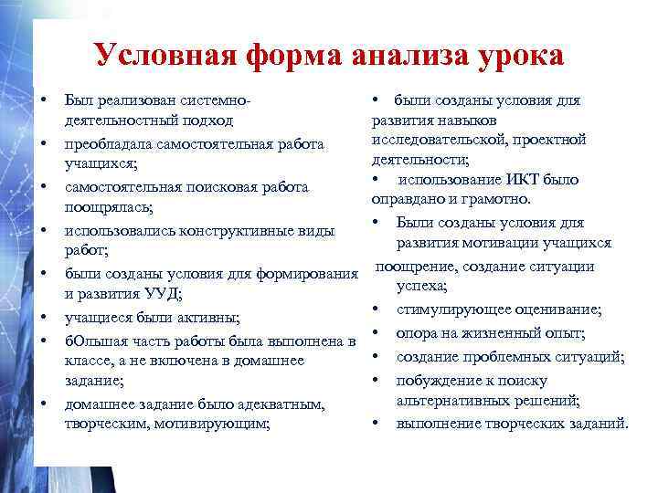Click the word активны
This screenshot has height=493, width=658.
[210, 318]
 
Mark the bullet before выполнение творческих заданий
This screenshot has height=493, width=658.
[375, 424]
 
